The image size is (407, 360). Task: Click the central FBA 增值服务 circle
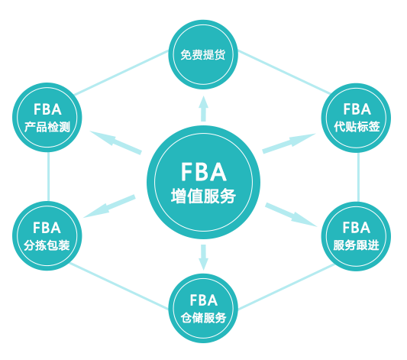[203, 182]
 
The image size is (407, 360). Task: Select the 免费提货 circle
[203, 54]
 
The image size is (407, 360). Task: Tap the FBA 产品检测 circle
[47, 118]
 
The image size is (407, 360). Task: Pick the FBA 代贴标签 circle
[356, 118]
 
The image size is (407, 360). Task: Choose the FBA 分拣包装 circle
[47, 236]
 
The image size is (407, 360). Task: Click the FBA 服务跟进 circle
[356, 236]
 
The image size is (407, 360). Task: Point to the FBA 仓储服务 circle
[203, 308]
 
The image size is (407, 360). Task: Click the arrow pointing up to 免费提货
[203, 109]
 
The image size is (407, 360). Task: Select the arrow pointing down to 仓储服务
[203, 258]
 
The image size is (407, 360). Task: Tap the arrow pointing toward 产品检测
[116, 142]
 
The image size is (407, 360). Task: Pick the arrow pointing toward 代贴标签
[289, 144]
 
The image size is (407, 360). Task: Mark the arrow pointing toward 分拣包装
[109, 206]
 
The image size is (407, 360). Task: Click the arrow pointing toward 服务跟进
[291, 215]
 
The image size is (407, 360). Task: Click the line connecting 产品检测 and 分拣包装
[48, 177]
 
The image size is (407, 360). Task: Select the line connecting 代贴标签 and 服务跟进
[358, 177]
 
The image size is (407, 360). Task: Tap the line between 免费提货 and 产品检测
[121, 73]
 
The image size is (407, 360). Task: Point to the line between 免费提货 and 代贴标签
[284, 72]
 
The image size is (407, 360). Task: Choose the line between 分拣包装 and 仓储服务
[119, 286]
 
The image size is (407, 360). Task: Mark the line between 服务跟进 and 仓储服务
[286, 287]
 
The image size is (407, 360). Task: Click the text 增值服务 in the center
[203, 196]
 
